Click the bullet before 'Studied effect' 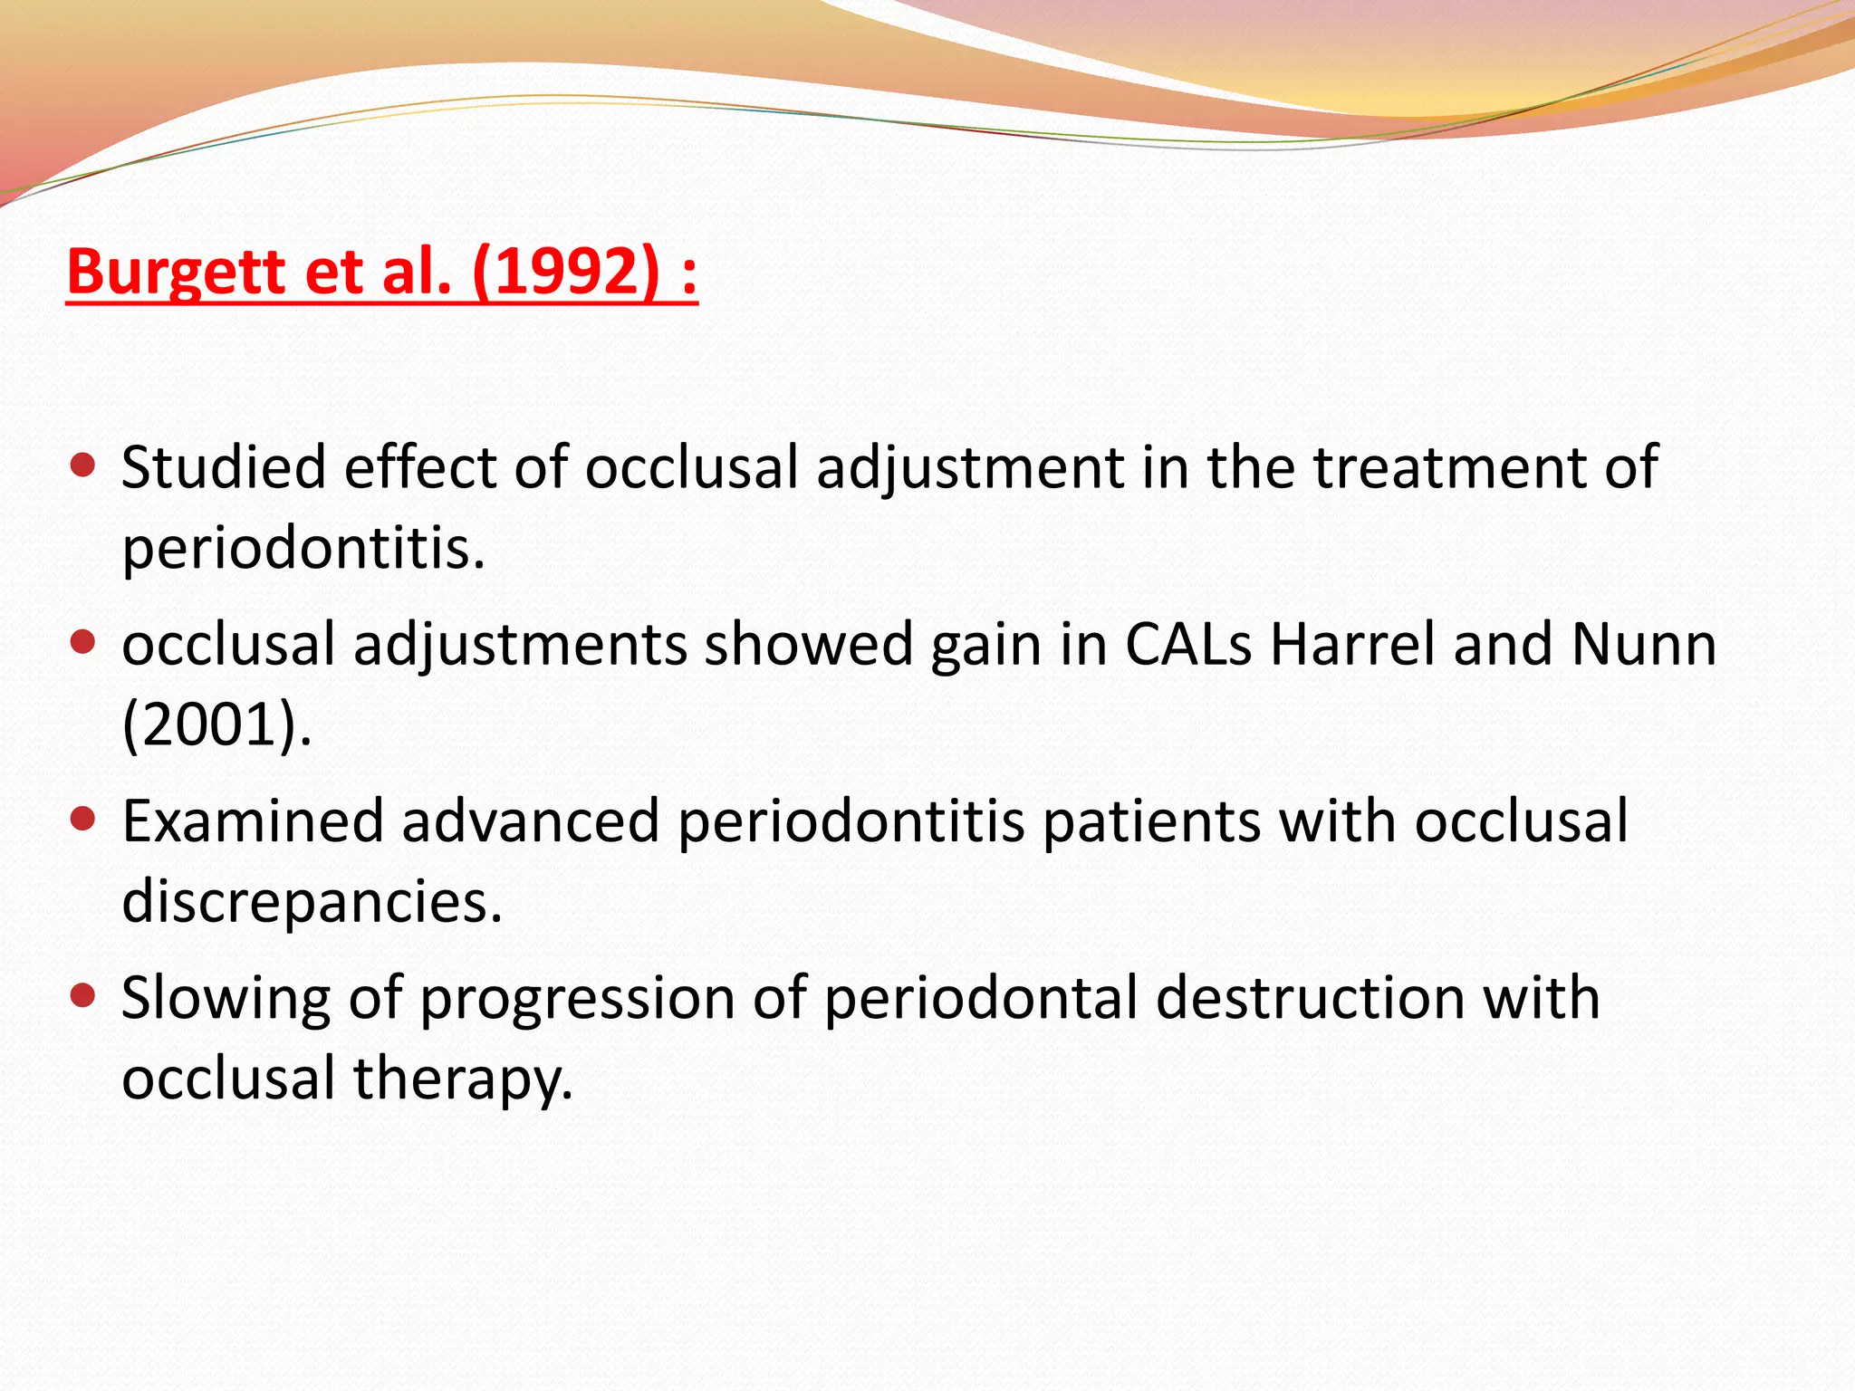[82, 465]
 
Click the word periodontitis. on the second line [303, 549]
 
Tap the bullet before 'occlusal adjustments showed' [82, 643]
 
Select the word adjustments [520, 646]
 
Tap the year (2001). [216, 725]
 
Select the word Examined [253, 821]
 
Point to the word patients [1150, 821]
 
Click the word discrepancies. [312, 902]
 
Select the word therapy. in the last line [463, 1079]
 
